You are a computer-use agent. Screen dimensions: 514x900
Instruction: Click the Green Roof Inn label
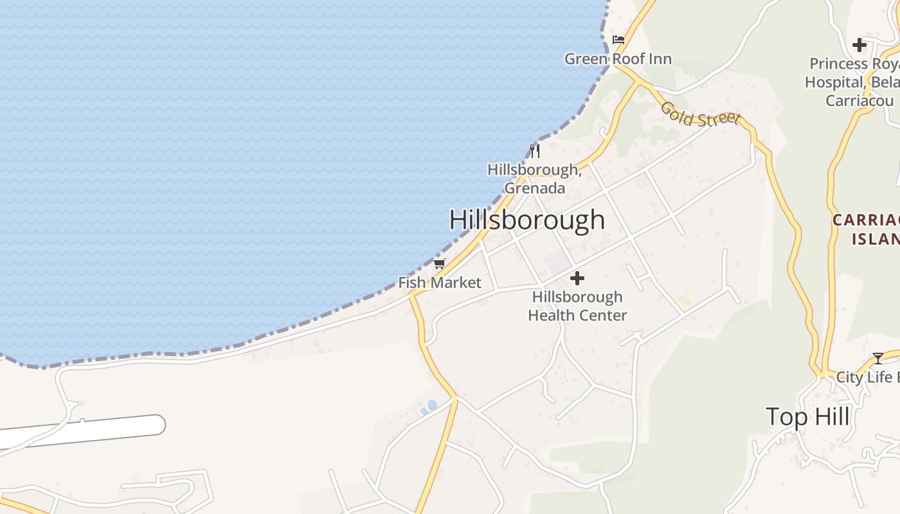[618, 59]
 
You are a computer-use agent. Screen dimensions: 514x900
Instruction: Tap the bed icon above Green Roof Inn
[618, 40]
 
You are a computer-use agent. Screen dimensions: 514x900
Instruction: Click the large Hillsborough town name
[526, 220]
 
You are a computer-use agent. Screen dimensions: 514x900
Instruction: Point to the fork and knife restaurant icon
[534, 151]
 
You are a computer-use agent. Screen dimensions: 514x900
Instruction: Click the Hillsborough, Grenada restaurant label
[534, 179]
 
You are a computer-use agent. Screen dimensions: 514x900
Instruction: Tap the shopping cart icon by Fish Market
[440, 263]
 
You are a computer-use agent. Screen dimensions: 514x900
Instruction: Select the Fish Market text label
[440, 283]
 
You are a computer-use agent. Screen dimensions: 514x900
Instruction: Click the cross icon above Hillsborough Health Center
[577, 278]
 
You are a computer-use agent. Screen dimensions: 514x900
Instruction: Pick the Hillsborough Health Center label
[577, 306]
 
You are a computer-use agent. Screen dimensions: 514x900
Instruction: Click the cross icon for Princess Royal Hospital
[859, 45]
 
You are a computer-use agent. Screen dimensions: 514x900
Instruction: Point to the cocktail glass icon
[878, 359]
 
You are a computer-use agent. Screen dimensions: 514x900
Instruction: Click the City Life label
[867, 377]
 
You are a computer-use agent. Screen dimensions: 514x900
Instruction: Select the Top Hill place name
[807, 417]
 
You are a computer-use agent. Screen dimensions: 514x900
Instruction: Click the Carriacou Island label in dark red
[866, 229]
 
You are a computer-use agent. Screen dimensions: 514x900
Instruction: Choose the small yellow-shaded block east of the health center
[687, 299]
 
